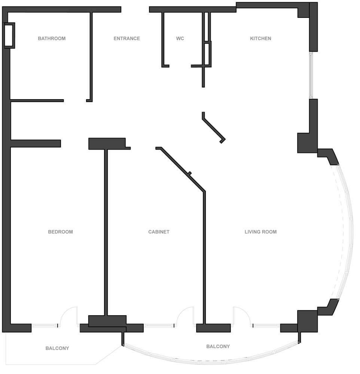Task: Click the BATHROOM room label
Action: (52, 39)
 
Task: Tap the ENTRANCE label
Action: (127, 39)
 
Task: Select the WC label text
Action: (180, 39)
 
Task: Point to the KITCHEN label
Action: (261, 39)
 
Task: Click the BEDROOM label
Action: (61, 232)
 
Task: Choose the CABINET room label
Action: (159, 232)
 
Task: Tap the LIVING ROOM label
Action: (261, 232)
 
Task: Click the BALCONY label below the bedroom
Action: (57, 349)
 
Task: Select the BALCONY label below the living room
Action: (218, 347)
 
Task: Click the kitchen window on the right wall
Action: (311, 76)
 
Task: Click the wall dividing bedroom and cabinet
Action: (106, 233)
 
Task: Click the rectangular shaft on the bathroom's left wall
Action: (10, 36)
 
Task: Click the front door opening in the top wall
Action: (135, 10)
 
